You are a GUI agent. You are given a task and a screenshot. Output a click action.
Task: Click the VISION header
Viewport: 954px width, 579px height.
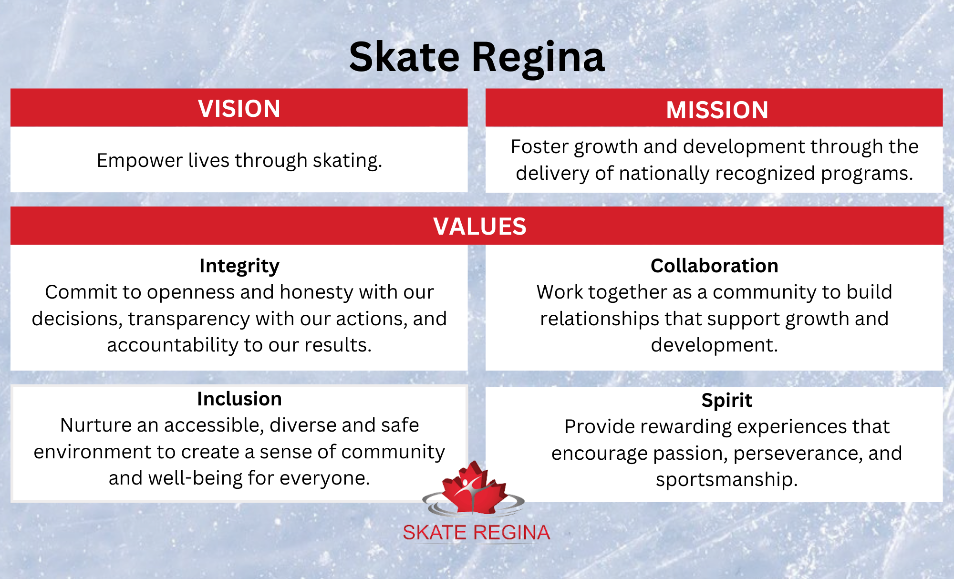(x=239, y=109)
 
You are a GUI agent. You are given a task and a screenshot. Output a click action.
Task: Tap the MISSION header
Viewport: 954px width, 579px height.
(x=717, y=110)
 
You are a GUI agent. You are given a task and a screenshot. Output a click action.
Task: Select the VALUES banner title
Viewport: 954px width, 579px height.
(x=480, y=226)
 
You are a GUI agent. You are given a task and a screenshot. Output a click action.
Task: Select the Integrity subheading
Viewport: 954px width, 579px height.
(x=239, y=266)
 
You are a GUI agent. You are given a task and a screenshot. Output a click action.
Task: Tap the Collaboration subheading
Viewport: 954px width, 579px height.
(x=715, y=266)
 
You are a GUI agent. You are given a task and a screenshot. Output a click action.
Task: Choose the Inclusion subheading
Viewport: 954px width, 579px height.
(x=239, y=399)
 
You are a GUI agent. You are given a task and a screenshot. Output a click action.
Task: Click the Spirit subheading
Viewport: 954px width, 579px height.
(x=726, y=401)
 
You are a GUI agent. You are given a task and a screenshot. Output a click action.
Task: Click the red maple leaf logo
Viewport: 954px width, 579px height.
(x=474, y=488)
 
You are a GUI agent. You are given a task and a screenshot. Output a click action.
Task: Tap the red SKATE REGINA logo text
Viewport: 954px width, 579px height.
(x=477, y=532)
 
